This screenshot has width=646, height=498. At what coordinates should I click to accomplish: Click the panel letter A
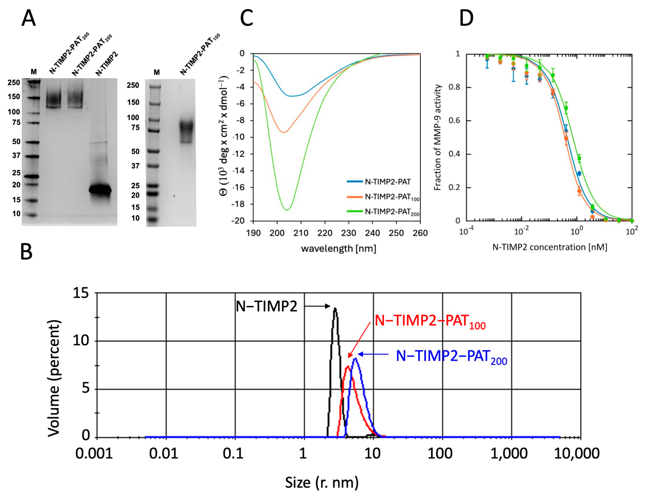(29, 18)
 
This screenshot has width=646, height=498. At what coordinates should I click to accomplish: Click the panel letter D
(466, 18)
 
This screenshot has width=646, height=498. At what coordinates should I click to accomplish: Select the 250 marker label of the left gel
(14, 83)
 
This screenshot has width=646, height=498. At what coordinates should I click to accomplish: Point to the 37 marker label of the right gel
(135, 166)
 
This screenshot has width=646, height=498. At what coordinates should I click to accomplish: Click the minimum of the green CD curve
(287, 210)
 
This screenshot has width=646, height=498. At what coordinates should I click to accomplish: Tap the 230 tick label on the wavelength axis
(349, 233)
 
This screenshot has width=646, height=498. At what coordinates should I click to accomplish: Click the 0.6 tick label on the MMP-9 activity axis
(454, 121)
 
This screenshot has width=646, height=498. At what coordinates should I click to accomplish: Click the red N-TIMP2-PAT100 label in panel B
(430, 322)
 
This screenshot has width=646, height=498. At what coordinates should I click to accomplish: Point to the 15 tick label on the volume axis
(80, 293)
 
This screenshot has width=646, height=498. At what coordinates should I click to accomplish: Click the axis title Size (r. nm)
(322, 482)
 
